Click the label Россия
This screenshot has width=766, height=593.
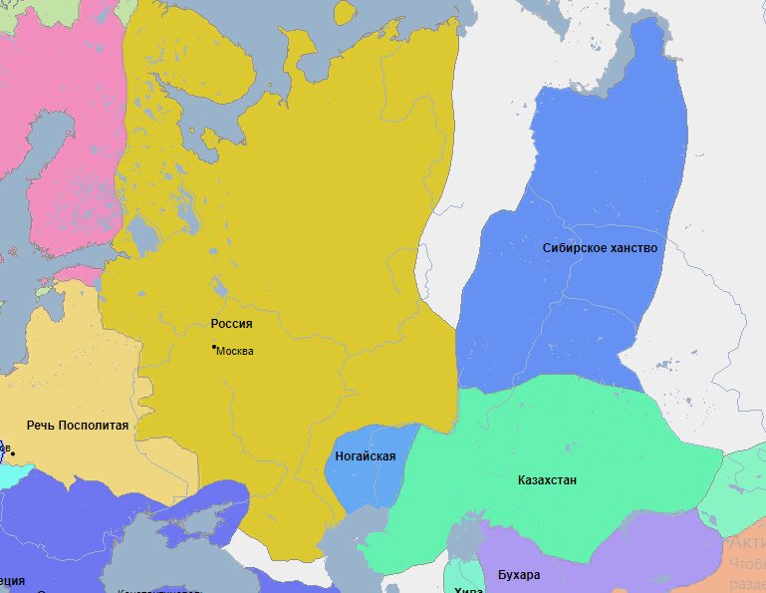click(x=231, y=324)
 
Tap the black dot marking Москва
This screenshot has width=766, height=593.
click(x=214, y=347)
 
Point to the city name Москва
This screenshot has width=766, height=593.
click(x=235, y=351)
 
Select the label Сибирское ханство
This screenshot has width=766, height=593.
click(x=600, y=247)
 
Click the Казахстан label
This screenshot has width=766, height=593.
click(x=547, y=480)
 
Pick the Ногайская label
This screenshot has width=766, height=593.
click(x=367, y=457)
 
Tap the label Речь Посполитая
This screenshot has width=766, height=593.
click(x=78, y=426)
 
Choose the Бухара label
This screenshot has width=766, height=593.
click(x=518, y=575)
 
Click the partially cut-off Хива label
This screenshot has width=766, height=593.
click(x=468, y=590)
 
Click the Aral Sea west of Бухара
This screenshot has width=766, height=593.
click(x=463, y=538)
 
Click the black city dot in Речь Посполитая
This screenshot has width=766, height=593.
click(x=13, y=454)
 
